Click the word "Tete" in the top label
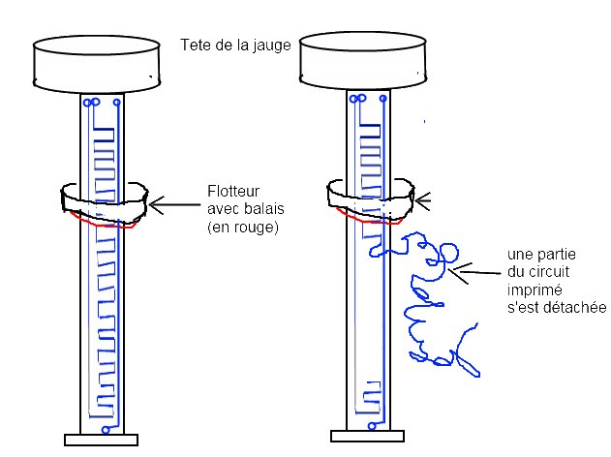point(194,45)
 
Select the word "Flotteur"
point(233,191)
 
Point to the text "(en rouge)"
point(243,227)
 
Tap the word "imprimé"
point(535,290)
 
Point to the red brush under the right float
point(368,220)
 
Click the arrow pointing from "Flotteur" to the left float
point(174,204)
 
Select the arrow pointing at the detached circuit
point(474,271)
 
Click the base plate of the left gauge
point(101,440)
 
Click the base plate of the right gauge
point(367,436)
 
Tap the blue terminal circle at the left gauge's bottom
point(106,430)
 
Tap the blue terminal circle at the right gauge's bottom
point(372,426)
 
